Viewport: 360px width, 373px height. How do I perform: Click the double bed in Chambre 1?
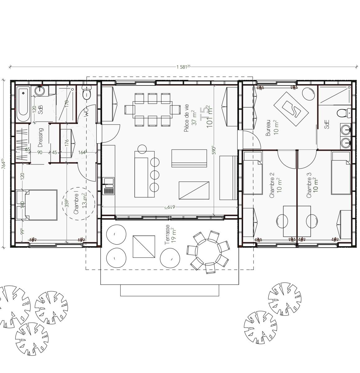(37, 205)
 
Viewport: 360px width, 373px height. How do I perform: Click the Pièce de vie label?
(186, 118)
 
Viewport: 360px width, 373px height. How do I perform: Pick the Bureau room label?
(268, 128)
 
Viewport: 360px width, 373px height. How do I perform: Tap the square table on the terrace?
(144, 246)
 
